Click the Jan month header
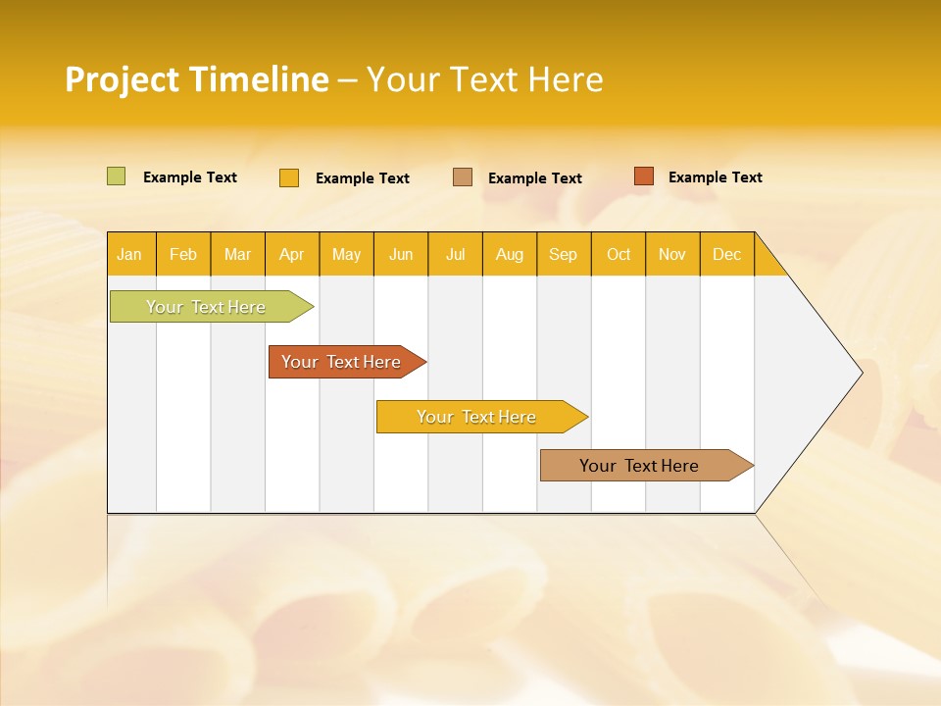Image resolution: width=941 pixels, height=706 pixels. (x=130, y=254)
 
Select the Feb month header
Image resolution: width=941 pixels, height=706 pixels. (x=183, y=254)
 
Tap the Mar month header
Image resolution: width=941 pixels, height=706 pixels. (x=237, y=254)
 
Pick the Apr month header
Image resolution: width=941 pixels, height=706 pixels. (x=292, y=254)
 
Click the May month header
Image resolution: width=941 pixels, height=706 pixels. (x=346, y=254)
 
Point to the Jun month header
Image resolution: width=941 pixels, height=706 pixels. (x=401, y=254)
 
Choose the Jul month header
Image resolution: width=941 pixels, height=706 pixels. (x=455, y=254)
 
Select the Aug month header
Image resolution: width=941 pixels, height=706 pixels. (x=510, y=254)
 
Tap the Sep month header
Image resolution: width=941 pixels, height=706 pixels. (x=564, y=254)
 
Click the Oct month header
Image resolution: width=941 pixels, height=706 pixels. (x=619, y=254)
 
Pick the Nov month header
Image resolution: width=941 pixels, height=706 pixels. (x=672, y=254)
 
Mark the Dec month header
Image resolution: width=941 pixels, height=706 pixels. (x=727, y=254)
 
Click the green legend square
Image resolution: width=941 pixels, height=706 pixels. (x=117, y=176)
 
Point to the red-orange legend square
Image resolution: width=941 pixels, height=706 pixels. (x=643, y=176)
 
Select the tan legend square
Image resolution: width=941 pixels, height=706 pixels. (x=463, y=177)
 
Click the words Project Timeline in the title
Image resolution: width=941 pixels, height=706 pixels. (x=197, y=79)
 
